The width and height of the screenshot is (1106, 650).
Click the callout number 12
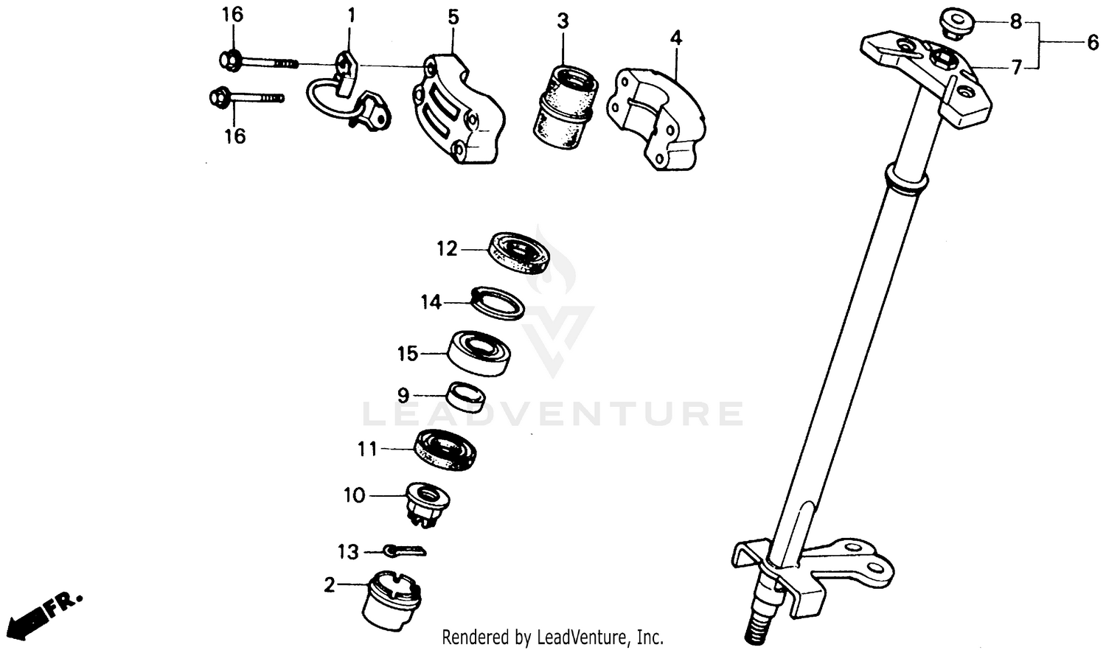point(447,249)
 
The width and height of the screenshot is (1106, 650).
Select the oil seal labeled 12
point(520,253)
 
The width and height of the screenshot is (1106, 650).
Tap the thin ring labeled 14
point(498,303)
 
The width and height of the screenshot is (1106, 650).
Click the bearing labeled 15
point(480,353)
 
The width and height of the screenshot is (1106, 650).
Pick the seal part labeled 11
point(445,449)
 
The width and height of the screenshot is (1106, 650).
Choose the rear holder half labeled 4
point(656,118)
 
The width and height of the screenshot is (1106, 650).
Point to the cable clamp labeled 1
point(347,96)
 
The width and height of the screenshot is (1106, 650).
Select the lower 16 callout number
point(234,136)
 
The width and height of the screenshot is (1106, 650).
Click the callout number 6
point(1092,43)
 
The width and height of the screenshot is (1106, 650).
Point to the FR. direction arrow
point(44,612)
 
